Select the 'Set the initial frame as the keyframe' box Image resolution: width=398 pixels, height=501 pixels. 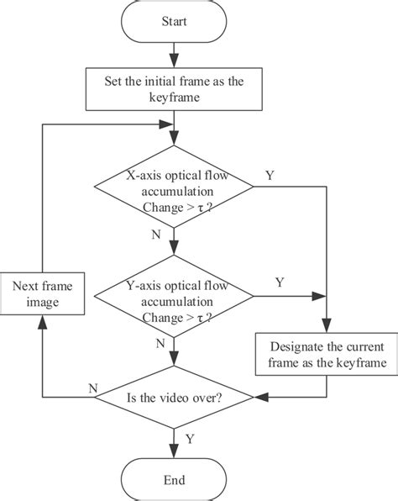pyautogui.click(x=174, y=88)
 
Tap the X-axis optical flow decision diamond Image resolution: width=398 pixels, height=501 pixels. pyautogui.click(x=174, y=192)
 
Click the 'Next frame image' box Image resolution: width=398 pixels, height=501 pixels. pyautogui.click(x=43, y=294)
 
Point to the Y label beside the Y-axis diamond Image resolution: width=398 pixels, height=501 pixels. pyautogui.click(x=280, y=282)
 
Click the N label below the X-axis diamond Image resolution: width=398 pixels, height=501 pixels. pyautogui.click(x=156, y=235)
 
